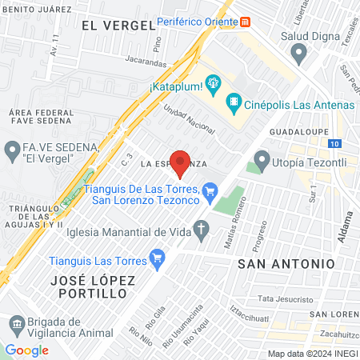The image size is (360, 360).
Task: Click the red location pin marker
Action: tap(181, 162)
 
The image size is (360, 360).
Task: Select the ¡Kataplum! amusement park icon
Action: tap(213, 82)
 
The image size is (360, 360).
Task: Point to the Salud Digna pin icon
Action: tap(300, 54)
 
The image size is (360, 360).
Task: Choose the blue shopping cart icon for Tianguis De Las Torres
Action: tap(210, 190)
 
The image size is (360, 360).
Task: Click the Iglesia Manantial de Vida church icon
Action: tap(202, 232)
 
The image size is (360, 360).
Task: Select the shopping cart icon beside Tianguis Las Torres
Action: tap(157, 258)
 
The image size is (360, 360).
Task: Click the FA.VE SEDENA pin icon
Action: tap(13, 150)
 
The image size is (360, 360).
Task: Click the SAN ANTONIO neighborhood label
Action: tap(286, 263)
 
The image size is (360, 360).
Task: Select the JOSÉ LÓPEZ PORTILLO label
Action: tap(89, 287)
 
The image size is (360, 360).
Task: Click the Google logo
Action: tap(26, 350)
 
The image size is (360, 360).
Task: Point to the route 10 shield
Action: tap(334, 143)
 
